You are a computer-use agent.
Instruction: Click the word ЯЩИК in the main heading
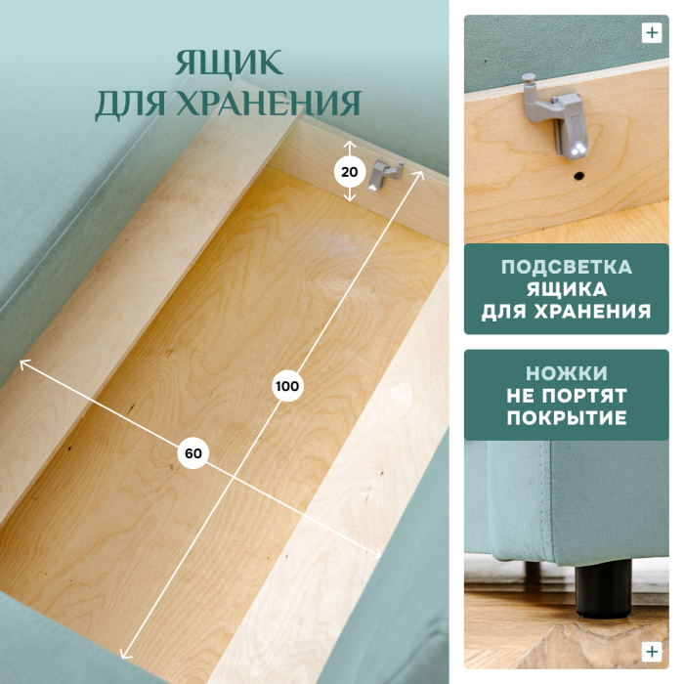click(229, 63)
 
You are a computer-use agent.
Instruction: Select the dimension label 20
click(350, 172)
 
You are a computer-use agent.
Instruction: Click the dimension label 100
click(287, 386)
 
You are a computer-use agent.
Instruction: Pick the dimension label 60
click(192, 453)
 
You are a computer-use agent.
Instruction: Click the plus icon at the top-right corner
click(652, 32)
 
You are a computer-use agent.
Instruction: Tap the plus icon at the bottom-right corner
click(652, 652)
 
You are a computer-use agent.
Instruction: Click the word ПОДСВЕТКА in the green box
click(566, 268)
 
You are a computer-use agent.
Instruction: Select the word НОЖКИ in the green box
click(566, 374)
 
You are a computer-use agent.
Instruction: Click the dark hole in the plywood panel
click(578, 177)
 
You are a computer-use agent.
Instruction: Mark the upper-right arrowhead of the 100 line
click(422, 173)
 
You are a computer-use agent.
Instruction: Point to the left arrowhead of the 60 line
click(22, 363)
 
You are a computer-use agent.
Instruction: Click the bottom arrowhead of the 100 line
click(123, 656)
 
